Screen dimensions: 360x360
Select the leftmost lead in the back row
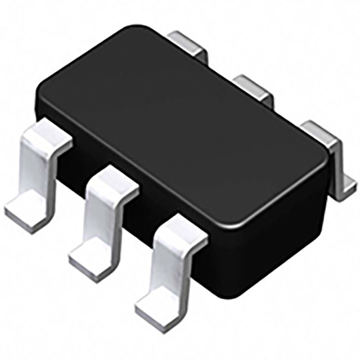(x=189, y=42)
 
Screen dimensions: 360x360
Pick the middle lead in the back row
(x=253, y=85)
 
